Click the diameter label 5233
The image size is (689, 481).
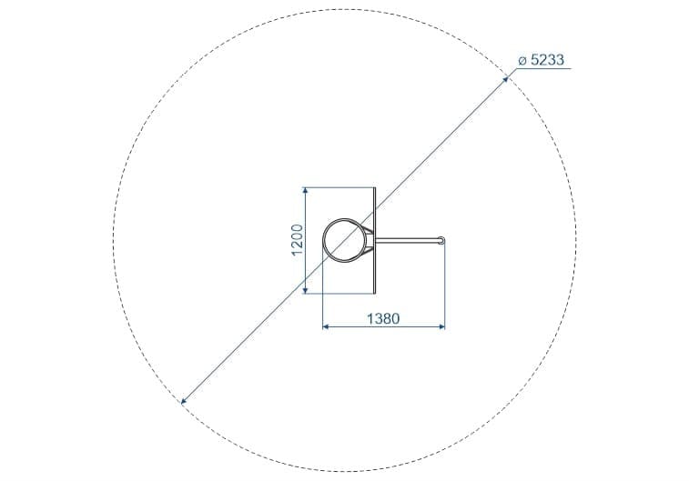click(547, 60)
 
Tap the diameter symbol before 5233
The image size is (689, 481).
click(522, 61)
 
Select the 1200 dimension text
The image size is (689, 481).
click(297, 240)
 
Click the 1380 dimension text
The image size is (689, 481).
click(383, 318)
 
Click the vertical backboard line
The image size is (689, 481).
click(375, 240)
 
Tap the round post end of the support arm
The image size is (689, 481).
click(442, 240)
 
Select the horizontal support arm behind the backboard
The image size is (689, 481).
click(408, 240)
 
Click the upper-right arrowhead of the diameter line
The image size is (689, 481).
click(506, 79)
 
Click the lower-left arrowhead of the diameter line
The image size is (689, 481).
click(184, 401)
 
